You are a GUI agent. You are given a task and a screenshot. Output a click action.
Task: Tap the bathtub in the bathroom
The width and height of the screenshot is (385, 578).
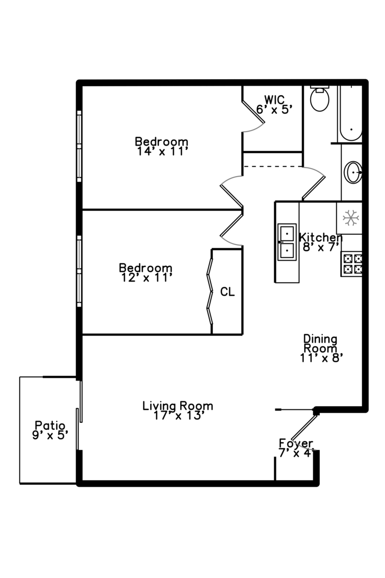(350, 113)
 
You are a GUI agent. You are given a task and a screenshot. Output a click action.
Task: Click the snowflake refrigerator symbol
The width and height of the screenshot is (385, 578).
(350, 217)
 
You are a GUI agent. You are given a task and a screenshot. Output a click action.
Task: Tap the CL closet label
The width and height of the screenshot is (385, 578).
(227, 292)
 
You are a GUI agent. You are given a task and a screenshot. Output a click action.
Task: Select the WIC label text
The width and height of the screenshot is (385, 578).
(274, 100)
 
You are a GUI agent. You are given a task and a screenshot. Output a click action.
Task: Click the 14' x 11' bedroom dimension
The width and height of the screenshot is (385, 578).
(161, 151)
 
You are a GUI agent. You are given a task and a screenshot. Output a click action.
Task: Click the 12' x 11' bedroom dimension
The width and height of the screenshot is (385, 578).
(145, 277)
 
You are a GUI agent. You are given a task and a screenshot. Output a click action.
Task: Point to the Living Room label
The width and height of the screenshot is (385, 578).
(178, 406)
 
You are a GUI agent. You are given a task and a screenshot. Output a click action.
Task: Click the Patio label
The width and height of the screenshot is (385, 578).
(50, 425)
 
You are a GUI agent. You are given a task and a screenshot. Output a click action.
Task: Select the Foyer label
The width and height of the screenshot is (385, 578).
(296, 443)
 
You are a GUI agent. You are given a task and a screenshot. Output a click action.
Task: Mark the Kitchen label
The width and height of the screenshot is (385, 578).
(320, 237)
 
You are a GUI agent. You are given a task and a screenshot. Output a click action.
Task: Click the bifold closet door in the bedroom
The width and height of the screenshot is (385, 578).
(210, 292)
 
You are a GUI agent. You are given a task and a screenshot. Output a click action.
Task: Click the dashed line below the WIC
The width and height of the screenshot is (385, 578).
(273, 166)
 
